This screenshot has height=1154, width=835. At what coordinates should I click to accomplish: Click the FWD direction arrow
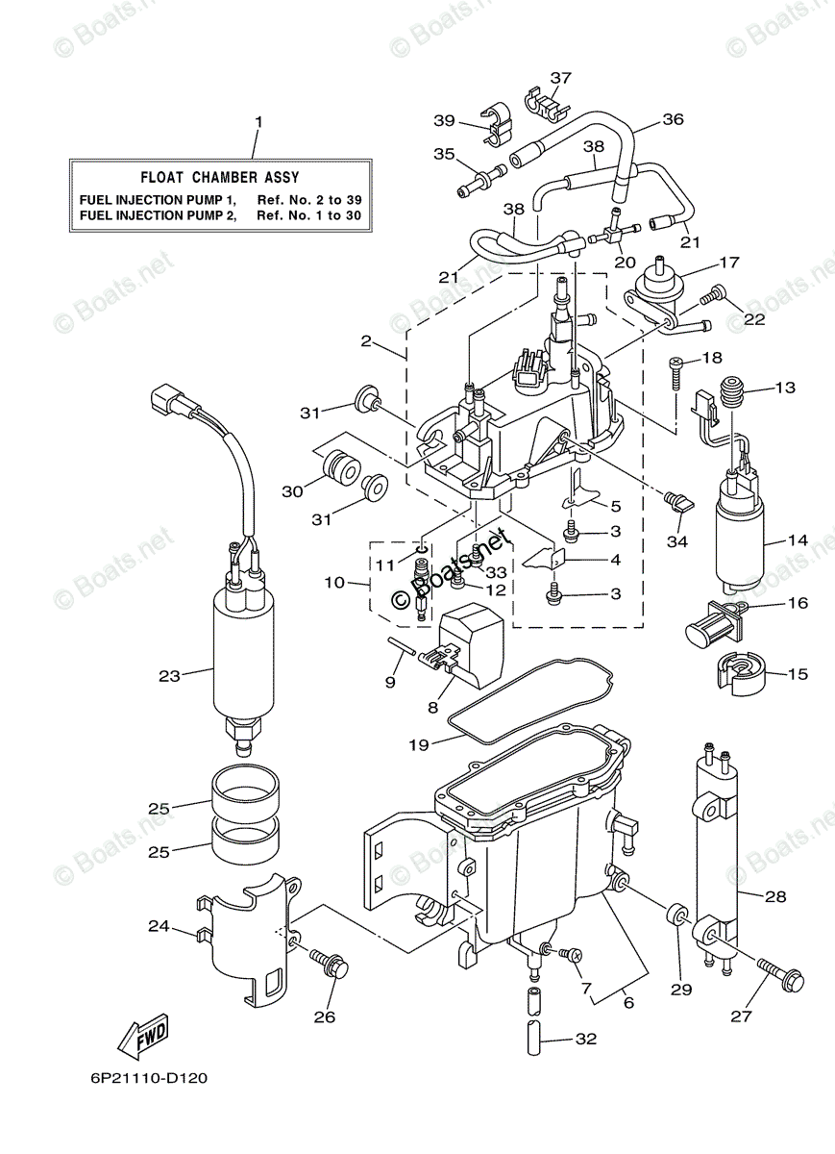(143, 1036)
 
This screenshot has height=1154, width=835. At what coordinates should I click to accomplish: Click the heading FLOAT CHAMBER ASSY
(220, 177)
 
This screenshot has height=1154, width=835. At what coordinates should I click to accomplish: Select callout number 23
(169, 675)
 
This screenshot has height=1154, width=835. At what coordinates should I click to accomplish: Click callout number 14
(798, 540)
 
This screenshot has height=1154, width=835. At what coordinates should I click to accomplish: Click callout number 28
(775, 896)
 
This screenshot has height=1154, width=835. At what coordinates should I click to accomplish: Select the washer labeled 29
(678, 912)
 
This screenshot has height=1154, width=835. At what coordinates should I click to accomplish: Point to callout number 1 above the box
(258, 121)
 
